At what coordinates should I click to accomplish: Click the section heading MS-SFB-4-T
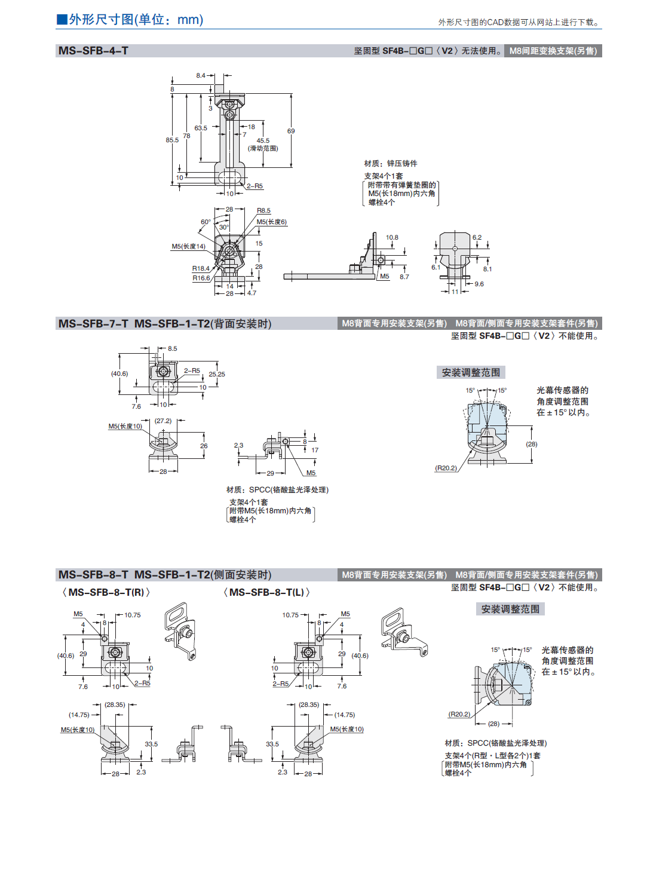(93, 51)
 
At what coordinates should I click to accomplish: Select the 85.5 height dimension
(172, 140)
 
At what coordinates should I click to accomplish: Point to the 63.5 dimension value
(201, 128)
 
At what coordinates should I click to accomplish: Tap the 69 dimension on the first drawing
(291, 131)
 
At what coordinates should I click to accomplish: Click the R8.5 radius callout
(263, 211)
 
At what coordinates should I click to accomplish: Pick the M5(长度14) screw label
(188, 247)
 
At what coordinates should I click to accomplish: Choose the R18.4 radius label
(201, 269)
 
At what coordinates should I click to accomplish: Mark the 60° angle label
(206, 222)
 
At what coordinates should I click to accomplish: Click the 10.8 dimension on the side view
(392, 238)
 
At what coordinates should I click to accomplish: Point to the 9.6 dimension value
(479, 284)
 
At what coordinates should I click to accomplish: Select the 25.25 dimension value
(217, 375)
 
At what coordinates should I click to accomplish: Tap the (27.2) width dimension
(163, 421)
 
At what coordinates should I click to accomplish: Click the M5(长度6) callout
(272, 222)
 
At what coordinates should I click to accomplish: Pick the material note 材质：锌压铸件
(391, 164)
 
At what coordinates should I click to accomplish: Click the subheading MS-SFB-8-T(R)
(106, 593)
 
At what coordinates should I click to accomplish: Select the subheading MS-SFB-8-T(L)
(266, 593)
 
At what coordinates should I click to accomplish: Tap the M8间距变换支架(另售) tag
(553, 51)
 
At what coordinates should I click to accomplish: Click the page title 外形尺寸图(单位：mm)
(130, 20)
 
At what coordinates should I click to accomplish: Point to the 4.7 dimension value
(252, 293)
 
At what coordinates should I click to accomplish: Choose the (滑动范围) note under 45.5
(263, 148)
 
